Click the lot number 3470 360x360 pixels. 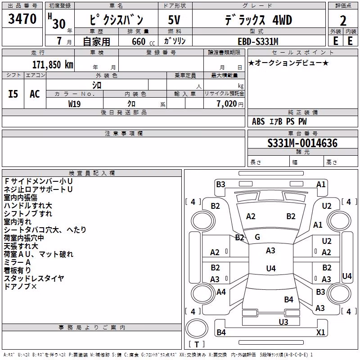point(22,19)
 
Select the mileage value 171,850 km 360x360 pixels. point(53,65)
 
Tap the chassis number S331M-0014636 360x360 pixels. point(302,143)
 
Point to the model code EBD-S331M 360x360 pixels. point(258,41)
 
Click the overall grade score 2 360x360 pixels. point(343,21)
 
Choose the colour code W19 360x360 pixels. point(74,104)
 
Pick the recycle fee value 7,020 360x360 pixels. point(227,104)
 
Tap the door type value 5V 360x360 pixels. point(174,20)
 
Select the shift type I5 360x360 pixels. point(13,94)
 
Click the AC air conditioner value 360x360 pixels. point(35,94)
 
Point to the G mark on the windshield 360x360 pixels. point(257,237)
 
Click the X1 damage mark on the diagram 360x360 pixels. point(320,332)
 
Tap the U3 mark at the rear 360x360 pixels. point(283,322)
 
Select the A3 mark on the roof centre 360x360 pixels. point(270,251)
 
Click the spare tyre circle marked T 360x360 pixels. point(197,328)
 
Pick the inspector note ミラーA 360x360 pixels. point(17,262)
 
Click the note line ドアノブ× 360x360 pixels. point(20,286)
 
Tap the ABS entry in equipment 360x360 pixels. point(258,121)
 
